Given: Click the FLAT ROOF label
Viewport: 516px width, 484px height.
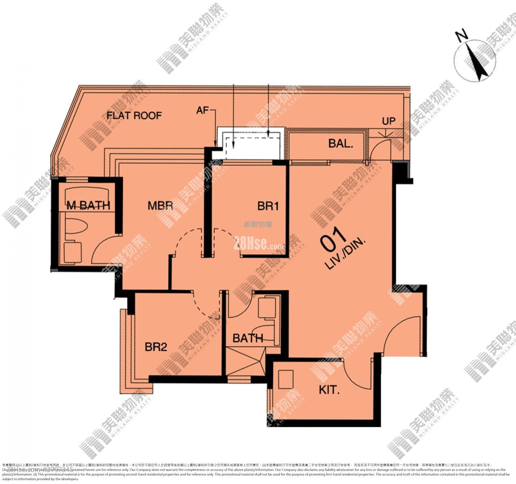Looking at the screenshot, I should coord(134,115).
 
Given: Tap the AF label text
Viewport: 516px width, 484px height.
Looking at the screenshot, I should coord(202,111).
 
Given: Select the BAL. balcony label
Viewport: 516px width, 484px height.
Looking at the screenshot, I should coord(341,143).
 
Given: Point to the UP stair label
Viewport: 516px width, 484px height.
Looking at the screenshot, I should coord(388,121).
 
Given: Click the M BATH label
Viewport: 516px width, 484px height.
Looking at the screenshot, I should coord(88,206).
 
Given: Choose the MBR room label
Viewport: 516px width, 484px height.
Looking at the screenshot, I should coord(160,205).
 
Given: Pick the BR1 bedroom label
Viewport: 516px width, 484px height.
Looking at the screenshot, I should coord(268,206).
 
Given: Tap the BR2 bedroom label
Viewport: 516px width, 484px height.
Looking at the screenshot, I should coord(156,347).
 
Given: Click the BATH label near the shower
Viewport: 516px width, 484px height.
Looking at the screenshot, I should coord(248,338).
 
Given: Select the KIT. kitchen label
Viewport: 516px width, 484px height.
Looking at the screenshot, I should coord(329,390).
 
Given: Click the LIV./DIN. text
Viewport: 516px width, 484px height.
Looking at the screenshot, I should coord(345,254).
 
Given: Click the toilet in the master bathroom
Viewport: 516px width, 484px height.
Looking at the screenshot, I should coord(77,225).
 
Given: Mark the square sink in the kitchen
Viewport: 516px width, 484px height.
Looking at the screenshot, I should coord(285,379).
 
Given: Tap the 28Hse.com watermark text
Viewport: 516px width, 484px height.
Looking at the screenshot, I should coord(258,245).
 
